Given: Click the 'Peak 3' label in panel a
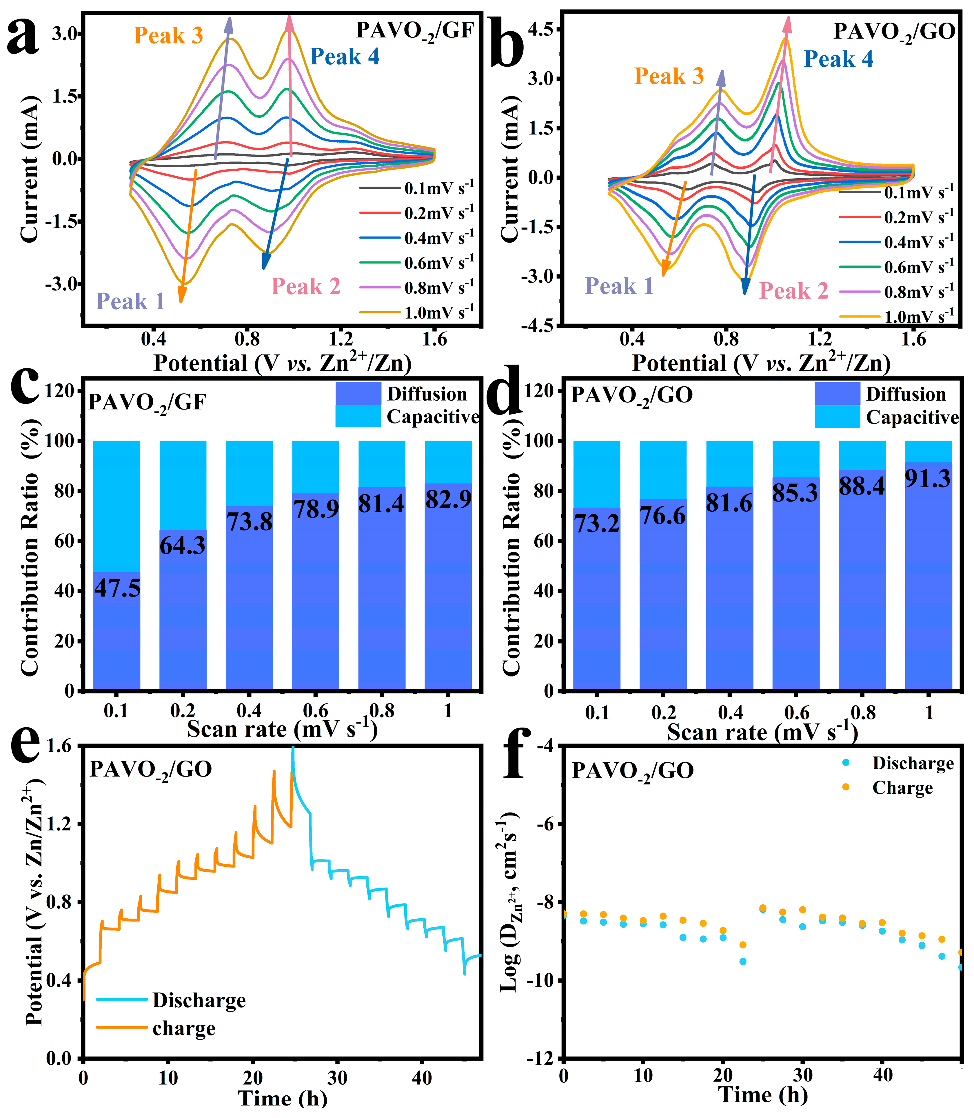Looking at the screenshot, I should pyautogui.click(x=168, y=36).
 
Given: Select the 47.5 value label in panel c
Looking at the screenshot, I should pyautogui.click(x=117, y=588).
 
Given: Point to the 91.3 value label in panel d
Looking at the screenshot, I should pyautogui.click(x=928, y=478).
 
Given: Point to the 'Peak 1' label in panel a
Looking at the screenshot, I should pyautogui.click(x=130, y=301).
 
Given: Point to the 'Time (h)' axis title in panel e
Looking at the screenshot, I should pyautogui.click(x=283, y=1098).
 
